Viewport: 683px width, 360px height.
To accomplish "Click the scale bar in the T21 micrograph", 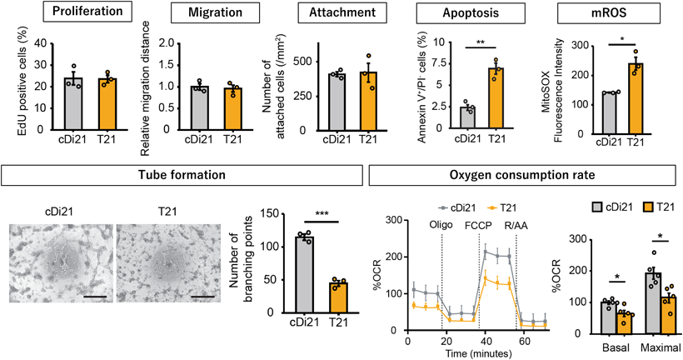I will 203,294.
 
